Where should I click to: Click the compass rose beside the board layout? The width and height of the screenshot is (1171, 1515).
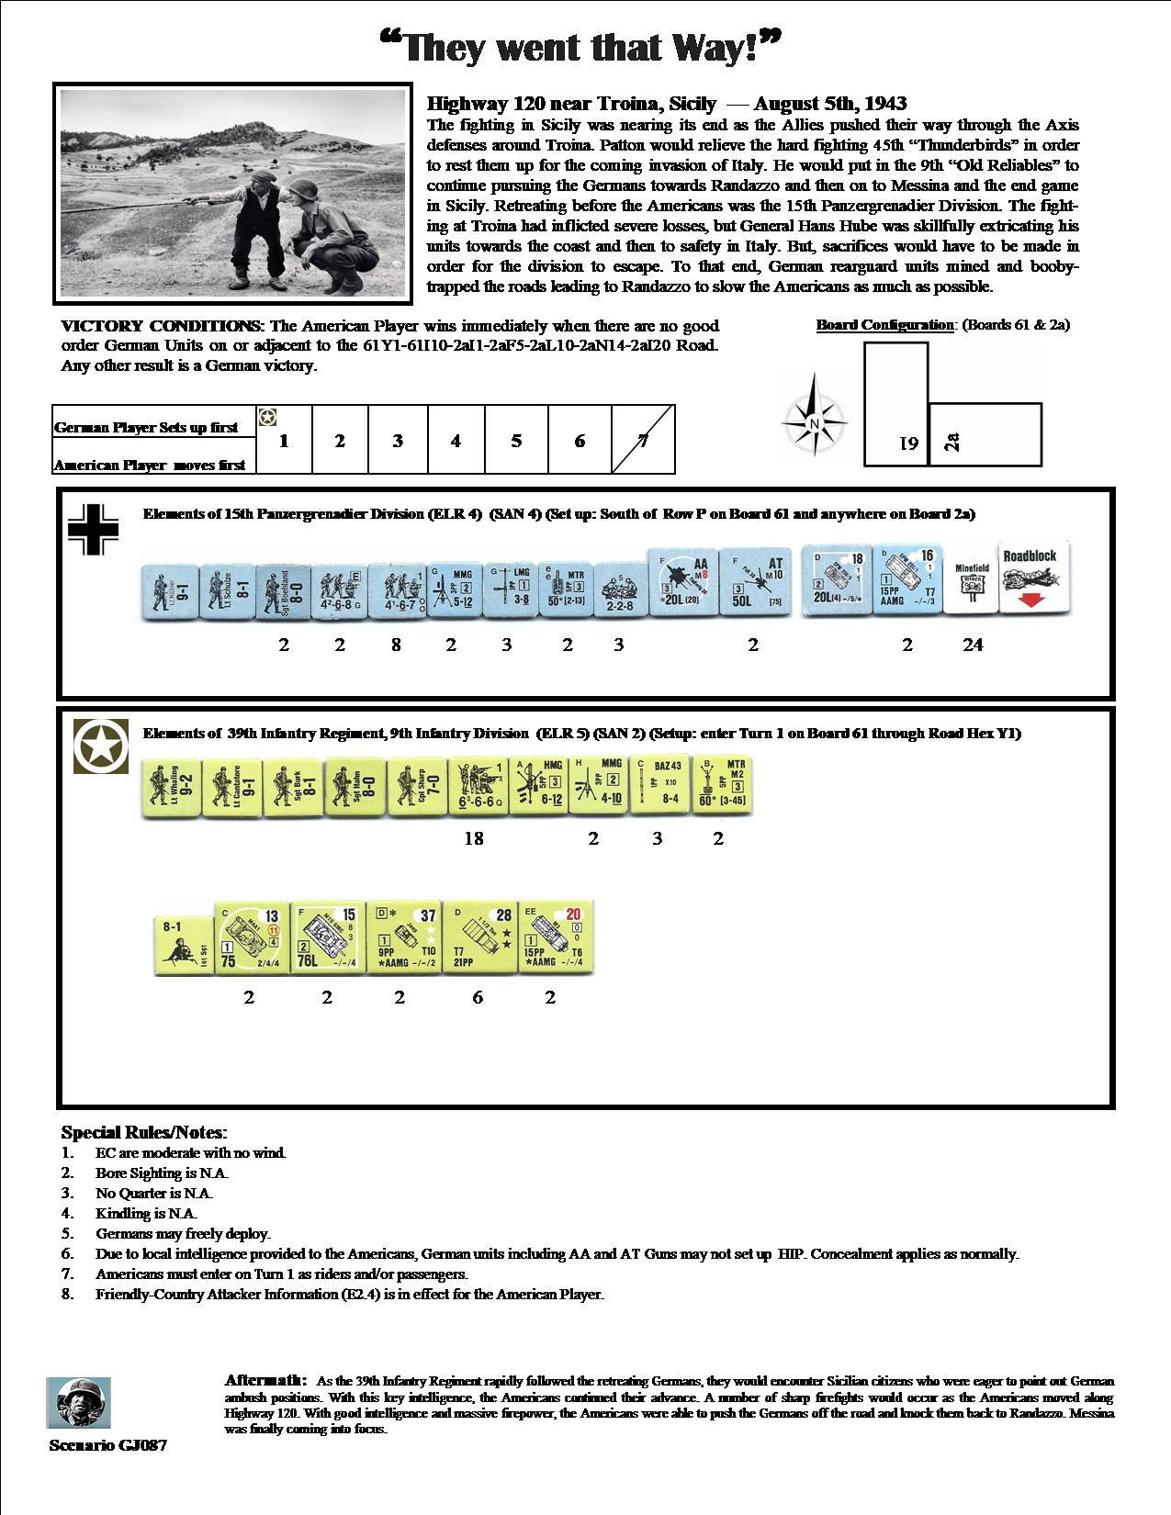[x=814, y=423]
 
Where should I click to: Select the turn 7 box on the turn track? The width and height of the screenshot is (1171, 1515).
[x=643, y=441]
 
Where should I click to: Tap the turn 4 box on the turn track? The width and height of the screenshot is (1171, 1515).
[x=456, y=441]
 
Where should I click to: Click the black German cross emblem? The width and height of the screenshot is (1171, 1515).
[x=93, y=530]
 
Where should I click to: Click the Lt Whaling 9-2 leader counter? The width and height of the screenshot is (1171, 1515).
[x=170, y=787]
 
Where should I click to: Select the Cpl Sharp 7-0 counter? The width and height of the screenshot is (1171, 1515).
[x=416, y=787]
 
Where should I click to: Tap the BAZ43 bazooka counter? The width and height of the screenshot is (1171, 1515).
[x=659, y=787]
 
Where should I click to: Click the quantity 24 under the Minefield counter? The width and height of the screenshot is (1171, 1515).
[x=973, y=645]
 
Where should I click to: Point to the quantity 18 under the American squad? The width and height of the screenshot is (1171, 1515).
[x=474, y=838]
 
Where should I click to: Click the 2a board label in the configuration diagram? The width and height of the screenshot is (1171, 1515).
[x=953, y=442]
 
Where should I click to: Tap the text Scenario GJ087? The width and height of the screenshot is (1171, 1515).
[x=108, y=1445]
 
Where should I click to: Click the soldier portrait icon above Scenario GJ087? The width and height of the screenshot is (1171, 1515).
[x=79, y=1403]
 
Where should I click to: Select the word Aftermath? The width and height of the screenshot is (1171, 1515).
[x=265, y=1380]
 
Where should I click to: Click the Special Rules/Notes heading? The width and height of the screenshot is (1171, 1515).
[x=143, y=1132]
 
